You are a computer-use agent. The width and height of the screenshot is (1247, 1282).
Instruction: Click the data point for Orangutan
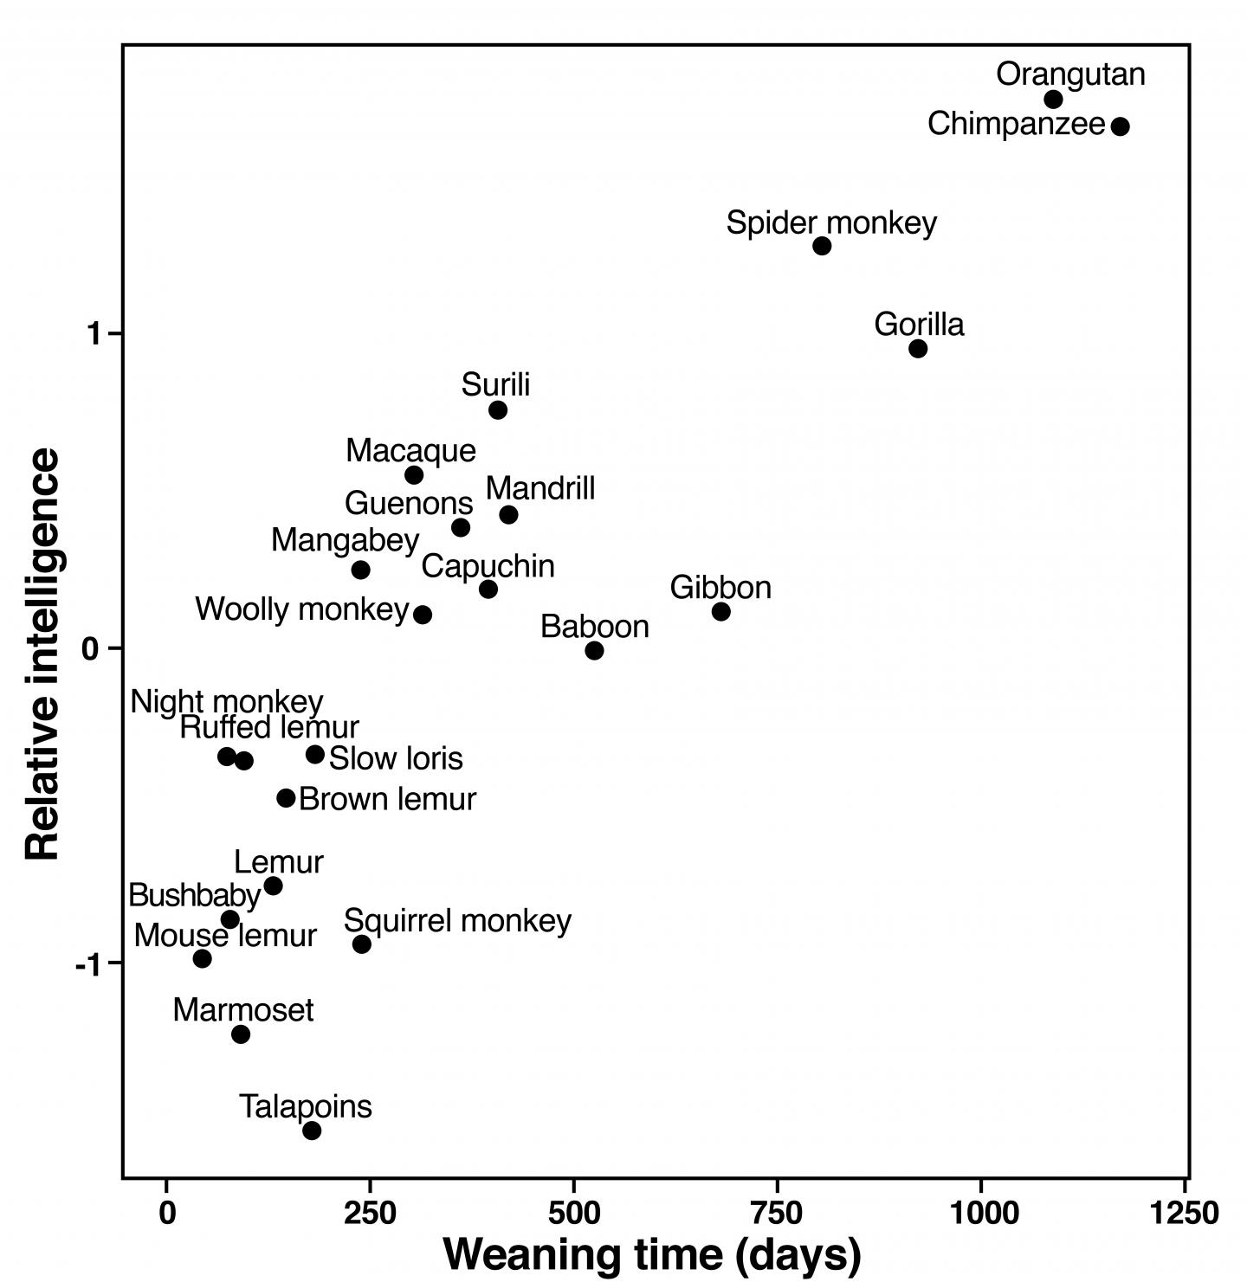coord(1053,100)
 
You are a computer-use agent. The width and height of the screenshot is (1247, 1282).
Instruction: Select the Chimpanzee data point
coord(1120,126)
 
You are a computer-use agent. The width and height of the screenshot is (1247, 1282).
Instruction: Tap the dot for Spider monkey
coord(822,246)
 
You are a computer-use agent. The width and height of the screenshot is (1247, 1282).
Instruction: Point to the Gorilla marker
coord(918,349)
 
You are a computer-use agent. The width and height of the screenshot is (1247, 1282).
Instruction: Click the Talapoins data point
coord(312,1131)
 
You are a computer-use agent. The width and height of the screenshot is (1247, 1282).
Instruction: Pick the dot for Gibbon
coord(720,612)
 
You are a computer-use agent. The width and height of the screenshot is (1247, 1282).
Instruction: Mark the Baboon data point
coord(594,651)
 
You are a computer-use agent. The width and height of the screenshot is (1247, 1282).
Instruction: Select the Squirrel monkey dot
coord(362,944)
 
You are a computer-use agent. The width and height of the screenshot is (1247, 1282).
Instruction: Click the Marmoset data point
coord(241,1034)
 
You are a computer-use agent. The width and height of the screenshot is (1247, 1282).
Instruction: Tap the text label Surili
coord(495,384)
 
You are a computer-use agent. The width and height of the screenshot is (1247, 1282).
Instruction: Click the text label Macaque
coord(410,451)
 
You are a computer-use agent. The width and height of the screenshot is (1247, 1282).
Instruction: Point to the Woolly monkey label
coord(301,609)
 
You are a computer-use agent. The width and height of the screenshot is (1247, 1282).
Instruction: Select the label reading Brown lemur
coord(387,799)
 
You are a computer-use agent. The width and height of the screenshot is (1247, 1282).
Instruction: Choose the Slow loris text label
coord(396,759)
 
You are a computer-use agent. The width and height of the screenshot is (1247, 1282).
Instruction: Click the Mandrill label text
coord(540,489)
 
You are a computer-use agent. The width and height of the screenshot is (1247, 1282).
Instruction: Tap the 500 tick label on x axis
coord(573,1213)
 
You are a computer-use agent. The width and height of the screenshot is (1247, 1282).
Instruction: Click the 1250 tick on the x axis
coord(1184,1213)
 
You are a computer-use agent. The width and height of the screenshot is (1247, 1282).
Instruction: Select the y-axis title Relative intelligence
coord(43,654)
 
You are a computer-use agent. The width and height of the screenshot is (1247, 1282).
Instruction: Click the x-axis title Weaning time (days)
coord(652,1254)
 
